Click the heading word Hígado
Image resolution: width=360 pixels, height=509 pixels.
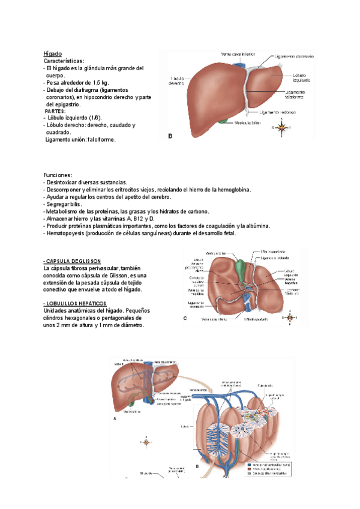53,53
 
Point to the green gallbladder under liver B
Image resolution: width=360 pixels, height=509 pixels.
224,122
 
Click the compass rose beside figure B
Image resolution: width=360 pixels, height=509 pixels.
281,128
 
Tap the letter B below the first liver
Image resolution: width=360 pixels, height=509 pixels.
170,136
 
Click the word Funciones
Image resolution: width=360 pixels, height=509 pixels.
58,175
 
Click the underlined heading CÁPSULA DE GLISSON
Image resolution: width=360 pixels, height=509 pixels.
72,261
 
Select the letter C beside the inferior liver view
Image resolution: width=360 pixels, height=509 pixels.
185,319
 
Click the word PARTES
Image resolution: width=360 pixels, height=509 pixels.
57,111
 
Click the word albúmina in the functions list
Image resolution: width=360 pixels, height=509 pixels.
254,226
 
